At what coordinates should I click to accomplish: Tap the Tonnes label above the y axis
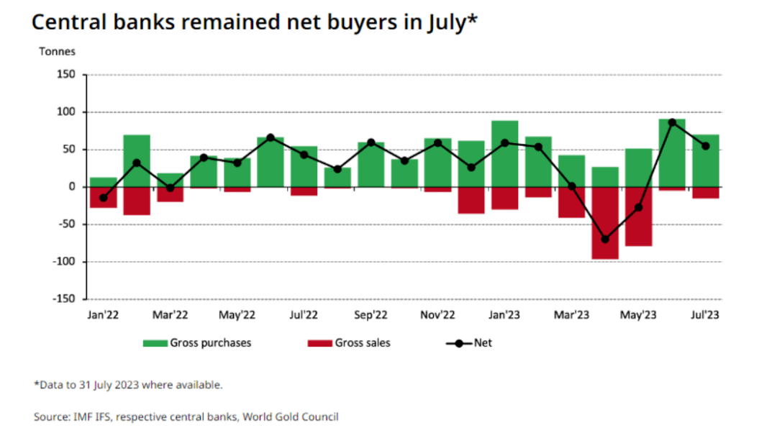57,52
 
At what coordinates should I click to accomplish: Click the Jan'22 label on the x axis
103,315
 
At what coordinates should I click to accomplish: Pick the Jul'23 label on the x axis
705,315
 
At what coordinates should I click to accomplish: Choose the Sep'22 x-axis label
371,315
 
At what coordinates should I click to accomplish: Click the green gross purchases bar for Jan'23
504,154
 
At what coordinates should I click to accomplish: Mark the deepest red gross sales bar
605,223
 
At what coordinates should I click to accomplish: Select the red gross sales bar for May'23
638,216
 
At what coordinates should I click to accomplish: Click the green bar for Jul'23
705,161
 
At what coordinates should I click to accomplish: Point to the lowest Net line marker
605,240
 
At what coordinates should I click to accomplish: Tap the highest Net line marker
672,122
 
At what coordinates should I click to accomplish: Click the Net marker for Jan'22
103,198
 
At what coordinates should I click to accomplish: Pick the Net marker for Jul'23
705,146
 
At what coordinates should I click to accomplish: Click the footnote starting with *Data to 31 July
128,385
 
